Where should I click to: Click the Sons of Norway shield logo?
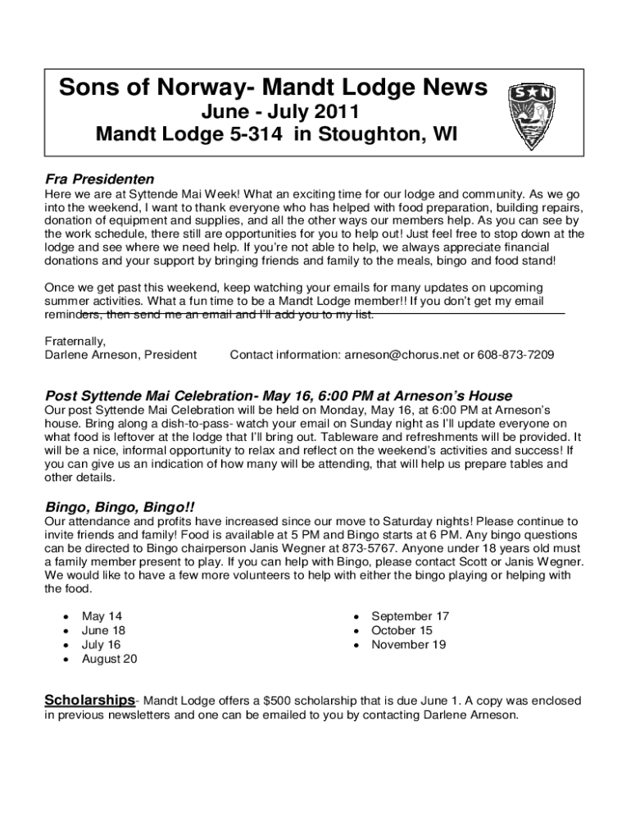coord(534,115)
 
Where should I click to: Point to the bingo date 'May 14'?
coord(102,616)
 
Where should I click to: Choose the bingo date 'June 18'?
coord(104,631)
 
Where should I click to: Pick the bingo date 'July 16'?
coord(102,645)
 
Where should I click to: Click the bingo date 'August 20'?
coord(109,659)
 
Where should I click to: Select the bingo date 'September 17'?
coord(410,616)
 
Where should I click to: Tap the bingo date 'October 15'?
coord(402,631)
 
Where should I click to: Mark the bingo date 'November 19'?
coord(408,645)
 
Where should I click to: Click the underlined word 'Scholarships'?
coord(89,701)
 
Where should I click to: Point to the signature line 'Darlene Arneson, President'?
coord(120,355)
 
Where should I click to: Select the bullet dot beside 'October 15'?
coord(355,631)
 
